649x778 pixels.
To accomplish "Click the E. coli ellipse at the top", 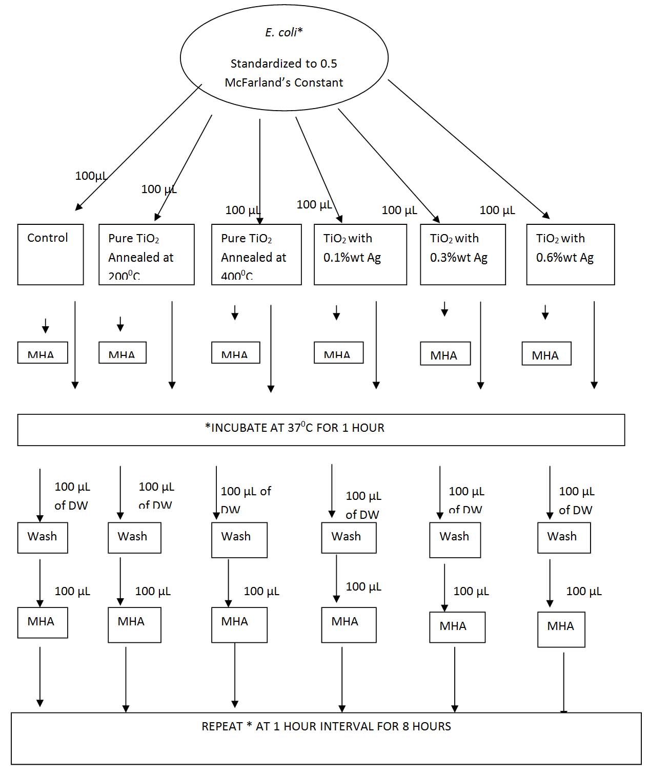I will click(284, 57).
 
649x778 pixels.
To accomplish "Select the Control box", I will click(50, 254).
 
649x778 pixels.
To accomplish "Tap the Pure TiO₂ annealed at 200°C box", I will click(146, 254).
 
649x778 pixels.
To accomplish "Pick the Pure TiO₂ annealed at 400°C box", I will click(256, 254).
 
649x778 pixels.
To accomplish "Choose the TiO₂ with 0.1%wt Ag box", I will click(360, 254).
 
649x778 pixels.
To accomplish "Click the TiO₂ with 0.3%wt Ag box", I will click(462, 254).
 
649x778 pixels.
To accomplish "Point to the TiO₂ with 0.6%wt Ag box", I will click(570, 254).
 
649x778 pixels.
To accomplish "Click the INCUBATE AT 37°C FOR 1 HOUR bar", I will click(321, 429).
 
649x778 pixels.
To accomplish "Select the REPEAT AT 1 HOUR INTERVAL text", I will click(326, 726).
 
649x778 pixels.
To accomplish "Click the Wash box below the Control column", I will click(43, 537).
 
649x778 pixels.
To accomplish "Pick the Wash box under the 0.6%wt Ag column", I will click(563, 537).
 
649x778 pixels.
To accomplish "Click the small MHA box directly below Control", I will click(43, 352).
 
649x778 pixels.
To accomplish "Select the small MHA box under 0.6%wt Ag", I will click(546, 354).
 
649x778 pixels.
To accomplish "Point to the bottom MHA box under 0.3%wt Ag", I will click(457, 627).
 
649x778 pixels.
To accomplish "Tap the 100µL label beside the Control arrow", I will click(91, 176).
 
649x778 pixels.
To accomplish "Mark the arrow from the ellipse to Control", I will click(138, 148).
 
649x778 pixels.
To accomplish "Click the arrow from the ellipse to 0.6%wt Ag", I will click(468, 149).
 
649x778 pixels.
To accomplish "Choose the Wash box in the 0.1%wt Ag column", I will click(349, 537).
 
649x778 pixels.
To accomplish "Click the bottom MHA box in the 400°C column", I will click(239, 624).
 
